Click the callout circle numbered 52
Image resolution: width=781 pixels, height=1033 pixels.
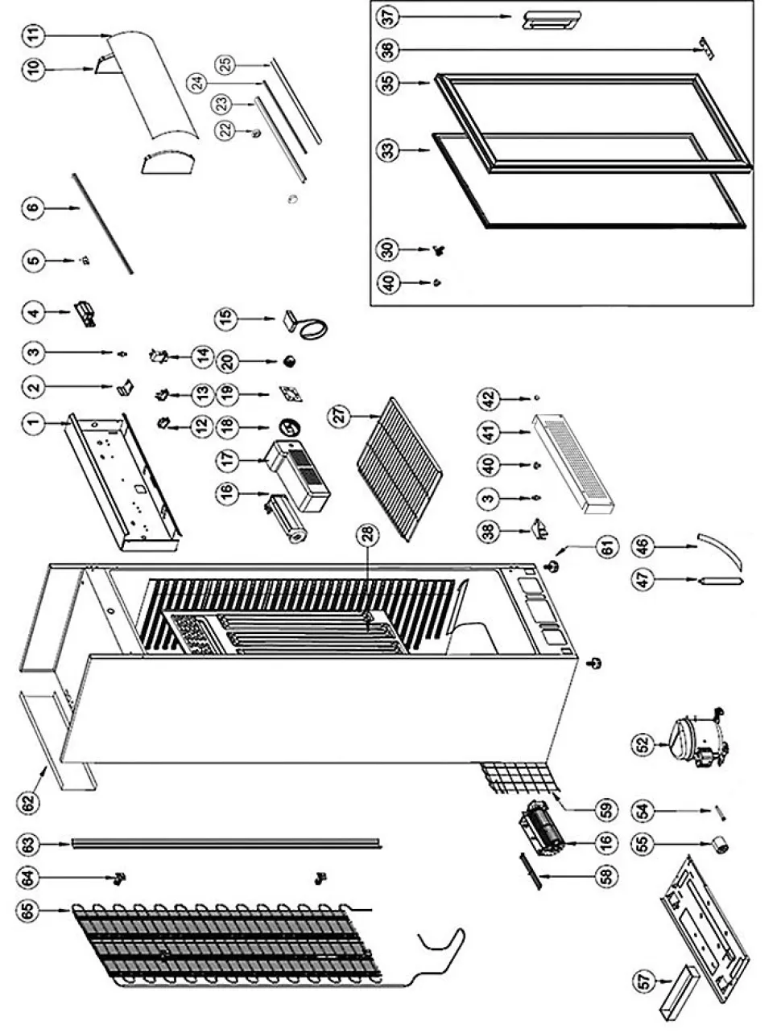coord(642,744)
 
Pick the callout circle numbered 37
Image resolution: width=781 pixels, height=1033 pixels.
coord(389,15)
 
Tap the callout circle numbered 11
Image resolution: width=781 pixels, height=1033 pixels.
coord(34,35)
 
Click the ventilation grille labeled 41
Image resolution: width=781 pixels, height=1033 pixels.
coord(574,466)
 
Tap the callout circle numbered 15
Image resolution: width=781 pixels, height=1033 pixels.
coord(226,319)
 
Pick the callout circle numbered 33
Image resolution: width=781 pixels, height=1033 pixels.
coord(389,150)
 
